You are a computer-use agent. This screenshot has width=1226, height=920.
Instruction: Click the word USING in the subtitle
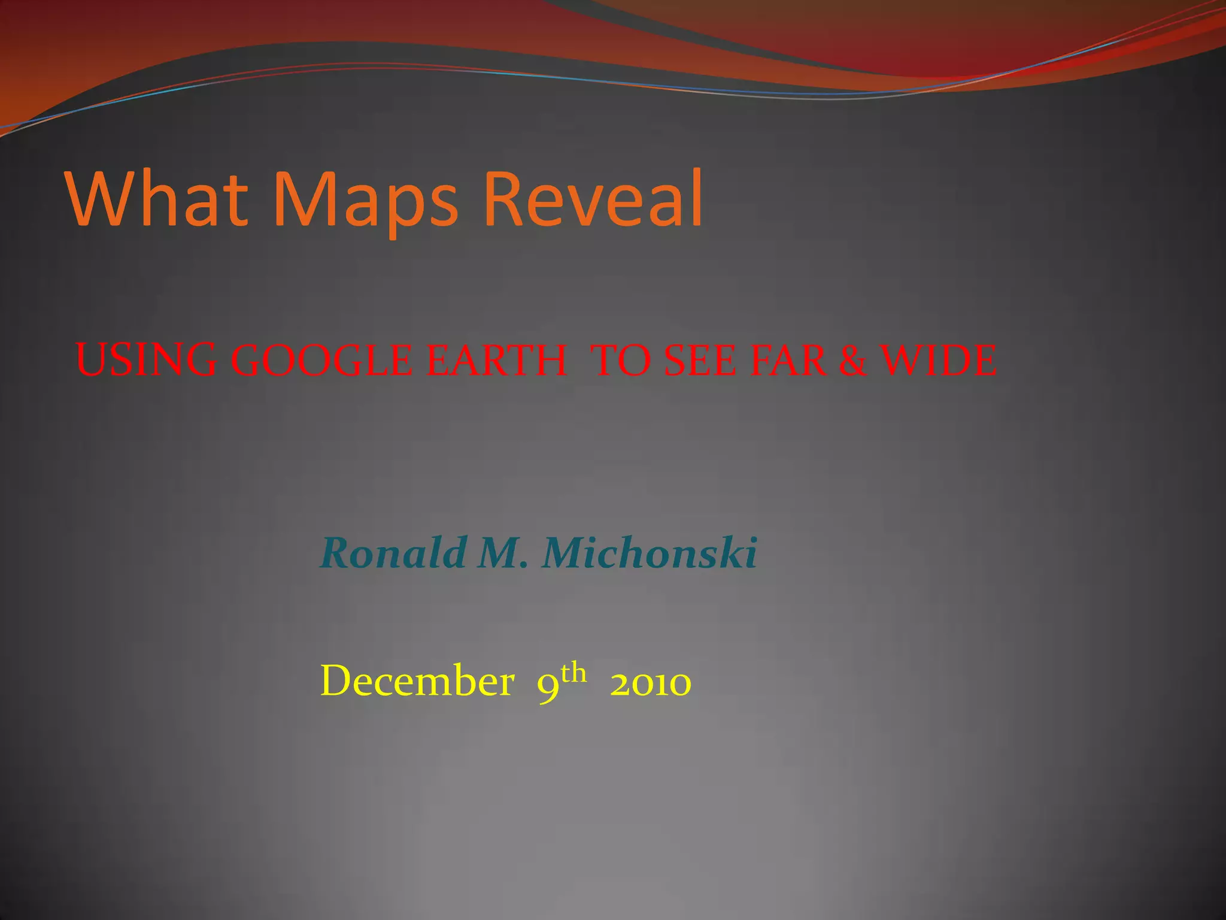click(146, 361)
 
